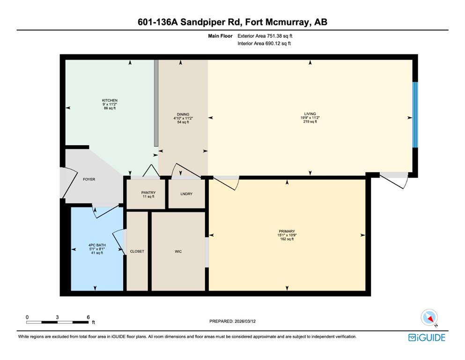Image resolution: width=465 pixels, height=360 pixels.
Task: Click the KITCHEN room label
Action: [110, 100]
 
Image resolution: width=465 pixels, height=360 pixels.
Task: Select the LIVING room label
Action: [309, 114]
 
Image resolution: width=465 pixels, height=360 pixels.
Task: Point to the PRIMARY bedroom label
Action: [286, 231]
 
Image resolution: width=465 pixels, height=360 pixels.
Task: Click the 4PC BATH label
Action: [96, 245]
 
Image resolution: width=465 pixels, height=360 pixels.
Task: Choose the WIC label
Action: [178, 252]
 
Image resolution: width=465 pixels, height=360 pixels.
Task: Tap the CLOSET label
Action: [137, 252]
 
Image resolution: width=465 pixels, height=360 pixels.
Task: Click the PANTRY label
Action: [148, 193]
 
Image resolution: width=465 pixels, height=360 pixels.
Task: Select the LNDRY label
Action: [186, 194]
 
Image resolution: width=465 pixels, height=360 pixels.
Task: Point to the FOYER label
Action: [89, 180]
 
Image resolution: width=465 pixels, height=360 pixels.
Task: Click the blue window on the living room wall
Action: [414, 115]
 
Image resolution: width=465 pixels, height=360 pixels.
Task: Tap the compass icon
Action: [429, 318]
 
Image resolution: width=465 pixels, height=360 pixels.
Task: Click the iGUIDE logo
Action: [427, 337]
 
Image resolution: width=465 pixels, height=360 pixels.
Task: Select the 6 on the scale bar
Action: [88, 317]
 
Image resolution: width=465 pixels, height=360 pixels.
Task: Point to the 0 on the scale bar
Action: [27, 317]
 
